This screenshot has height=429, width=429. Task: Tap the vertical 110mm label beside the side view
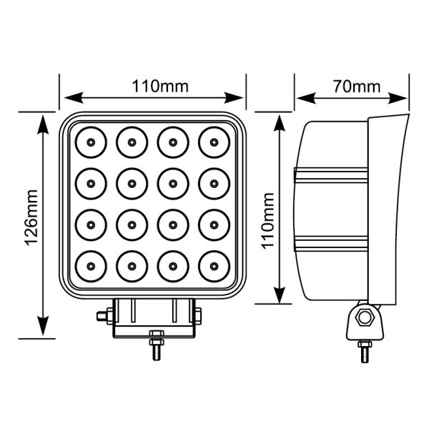[268, 220]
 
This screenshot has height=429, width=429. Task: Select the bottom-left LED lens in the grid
[92, 266]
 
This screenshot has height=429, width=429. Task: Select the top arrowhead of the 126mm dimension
[44, 117]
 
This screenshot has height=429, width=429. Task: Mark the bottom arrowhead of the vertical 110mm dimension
[281, 299]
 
